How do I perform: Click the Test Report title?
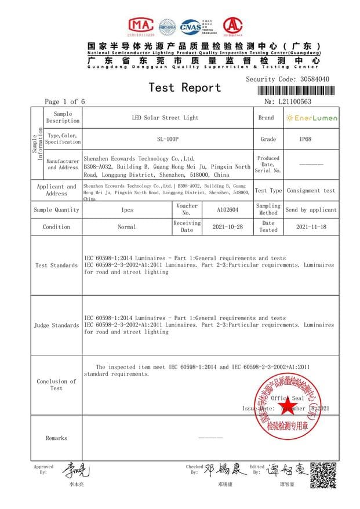tap(184, 88)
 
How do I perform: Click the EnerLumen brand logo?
tap(312, 118)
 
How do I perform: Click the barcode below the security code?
tap(296, 92)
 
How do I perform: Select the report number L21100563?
tap(295, 102)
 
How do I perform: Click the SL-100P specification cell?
tap(168, 139)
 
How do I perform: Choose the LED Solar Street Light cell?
tap(168, 118)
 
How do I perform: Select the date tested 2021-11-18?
tap(311, 227)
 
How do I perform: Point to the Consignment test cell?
tap(311, 190)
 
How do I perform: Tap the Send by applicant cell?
tap(311, 210)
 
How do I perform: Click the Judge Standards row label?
tap(56, 325)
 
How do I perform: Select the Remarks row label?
tap(56, 438)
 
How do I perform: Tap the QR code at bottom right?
tap(323, 475)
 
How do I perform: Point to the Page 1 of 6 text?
tap(65, 102)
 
